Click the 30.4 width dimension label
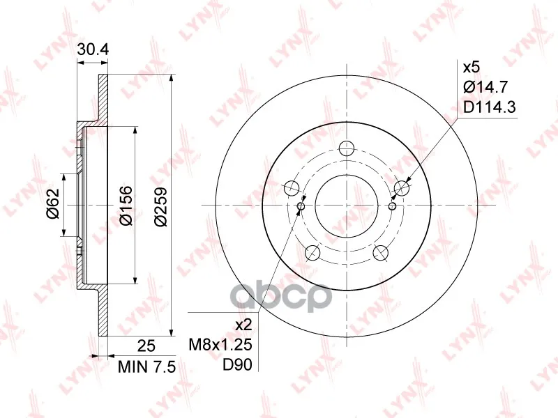click(93, 49)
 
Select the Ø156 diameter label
click(126, 206)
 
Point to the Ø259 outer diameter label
click(160, 206)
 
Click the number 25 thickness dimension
click(146, 345)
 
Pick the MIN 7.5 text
click(146, 367)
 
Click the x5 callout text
click(472, 67)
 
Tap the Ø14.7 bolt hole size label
click(485, 86)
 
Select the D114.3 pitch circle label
click(490, 107)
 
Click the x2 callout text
click(243, 325)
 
